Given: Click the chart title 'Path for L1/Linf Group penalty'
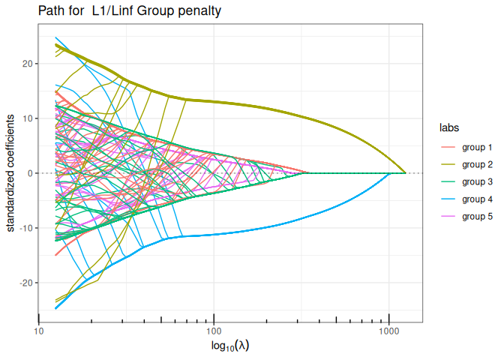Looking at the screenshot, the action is point(130,11).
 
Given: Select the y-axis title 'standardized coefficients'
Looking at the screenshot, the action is point(10,173).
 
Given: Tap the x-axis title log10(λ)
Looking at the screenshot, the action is point(230,346).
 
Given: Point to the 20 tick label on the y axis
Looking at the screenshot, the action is point(28,64).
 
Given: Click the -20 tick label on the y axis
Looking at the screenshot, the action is point(27,283).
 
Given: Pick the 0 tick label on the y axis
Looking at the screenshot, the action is point(31,173).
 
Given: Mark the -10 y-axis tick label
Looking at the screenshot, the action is point(27,228).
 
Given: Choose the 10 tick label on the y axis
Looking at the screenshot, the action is point(28,118).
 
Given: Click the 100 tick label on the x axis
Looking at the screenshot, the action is point(214,331).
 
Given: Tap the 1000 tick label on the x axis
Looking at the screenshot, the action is point(389,331).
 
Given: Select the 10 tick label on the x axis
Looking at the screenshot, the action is point(39,331).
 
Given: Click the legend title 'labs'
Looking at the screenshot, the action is point(449,127).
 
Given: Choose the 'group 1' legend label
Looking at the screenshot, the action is point(477,148).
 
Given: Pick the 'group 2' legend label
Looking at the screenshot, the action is point(477,165).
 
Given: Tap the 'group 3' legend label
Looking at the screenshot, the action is point(477,182).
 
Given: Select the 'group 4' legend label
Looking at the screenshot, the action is point(477,199).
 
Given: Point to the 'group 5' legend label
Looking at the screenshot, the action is point(477,217).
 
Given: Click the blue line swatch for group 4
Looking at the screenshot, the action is point(448,199).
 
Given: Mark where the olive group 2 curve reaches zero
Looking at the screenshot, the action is point(405,173).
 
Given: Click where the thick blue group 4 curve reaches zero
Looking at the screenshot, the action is point(388,173).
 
